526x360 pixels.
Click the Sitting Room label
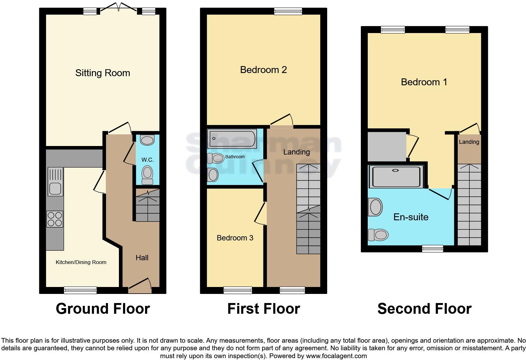tap(103, 73)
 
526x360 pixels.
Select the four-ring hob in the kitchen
tap(55, 219)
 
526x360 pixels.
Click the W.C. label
tap(147, 160)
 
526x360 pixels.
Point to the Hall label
tap(142, 258)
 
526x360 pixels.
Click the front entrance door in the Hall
tap(140, 283)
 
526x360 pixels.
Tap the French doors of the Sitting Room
tap(119, 8)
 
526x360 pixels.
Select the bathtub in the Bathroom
tap(232, 138)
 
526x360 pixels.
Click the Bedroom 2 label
tap(263, 70)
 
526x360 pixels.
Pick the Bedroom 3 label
tap(235, 238)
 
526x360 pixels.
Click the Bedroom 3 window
tap(238, 290)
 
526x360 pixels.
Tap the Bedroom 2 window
tap(288, 12)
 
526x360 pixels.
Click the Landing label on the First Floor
tap(296, 152)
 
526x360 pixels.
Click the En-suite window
tap(433, 249)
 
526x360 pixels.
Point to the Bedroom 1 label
tap(424, 82)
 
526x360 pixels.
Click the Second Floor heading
tap(424, 309)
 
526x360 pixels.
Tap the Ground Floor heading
tap(103, 309)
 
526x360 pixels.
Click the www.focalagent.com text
tap(336, 356)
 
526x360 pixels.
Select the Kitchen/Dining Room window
tap(80, 290)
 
